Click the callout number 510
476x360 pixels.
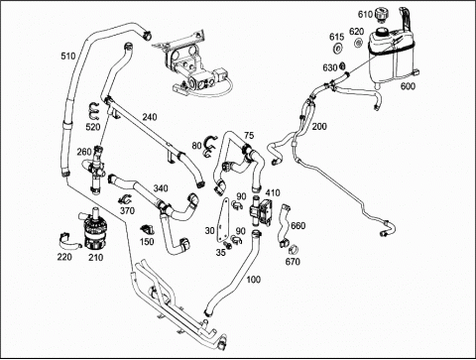[x=68, y=57]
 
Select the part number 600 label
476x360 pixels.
[x=408, y=86]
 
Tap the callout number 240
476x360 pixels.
[x=150, y=117]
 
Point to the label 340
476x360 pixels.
[x=161, y=188]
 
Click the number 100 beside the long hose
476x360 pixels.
[x=254, y=280]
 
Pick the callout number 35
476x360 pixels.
[x=221, y=253]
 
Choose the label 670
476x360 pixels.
[x=293, y=262]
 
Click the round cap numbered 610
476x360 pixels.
[x=382, y=15]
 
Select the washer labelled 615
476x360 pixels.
[x=338, y=49]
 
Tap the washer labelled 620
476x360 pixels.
[x=358, y=43]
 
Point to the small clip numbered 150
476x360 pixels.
[x=146, y=229]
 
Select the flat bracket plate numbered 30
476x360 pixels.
[x=222, y=219]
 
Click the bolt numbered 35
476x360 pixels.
[x=228, y=245]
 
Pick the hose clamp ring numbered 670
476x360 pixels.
[x=294, y=249]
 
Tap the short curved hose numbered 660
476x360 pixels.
[x=284, y=226]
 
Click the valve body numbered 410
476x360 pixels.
[x=261, y=211]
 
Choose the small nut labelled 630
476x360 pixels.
[x=342, y=65]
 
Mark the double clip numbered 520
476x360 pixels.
[x=94, y=111]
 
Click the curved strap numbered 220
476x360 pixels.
[x=69, y=241]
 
